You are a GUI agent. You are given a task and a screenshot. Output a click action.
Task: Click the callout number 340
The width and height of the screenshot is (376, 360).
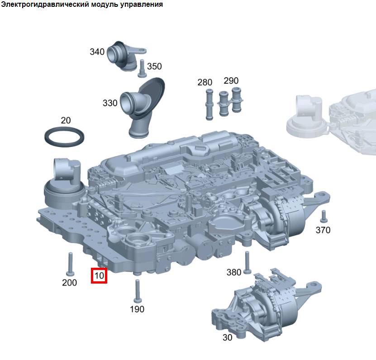(x=97, y=52)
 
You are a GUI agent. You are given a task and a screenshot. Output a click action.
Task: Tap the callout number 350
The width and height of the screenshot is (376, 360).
(x=154, y=66)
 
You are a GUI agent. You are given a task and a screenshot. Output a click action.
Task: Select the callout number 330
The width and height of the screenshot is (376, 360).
(x=110, y=103)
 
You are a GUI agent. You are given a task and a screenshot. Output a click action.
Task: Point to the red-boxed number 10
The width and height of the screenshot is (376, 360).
(x=99, y=275)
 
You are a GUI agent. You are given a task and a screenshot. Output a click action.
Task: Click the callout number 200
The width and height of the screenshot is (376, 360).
(x=69, y=283)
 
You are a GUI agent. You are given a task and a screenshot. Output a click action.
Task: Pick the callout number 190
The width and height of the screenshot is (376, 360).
(x=137, y=309)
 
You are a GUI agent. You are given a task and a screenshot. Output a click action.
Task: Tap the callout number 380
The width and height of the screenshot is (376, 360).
(x=234, y=272)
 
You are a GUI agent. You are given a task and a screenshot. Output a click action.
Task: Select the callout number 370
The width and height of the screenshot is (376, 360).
(x=323, y=230)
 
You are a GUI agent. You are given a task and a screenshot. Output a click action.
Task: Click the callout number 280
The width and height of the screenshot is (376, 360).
(x=205, y=82)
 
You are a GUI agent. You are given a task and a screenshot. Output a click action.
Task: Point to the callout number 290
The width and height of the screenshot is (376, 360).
(x=231, y=81)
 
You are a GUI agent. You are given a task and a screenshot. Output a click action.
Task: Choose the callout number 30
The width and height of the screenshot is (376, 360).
(x=227, y=337)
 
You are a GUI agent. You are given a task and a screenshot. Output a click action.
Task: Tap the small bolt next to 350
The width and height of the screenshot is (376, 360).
(x=142, y=69)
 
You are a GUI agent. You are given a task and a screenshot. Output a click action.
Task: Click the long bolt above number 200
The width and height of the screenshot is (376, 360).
(x=70, y=264)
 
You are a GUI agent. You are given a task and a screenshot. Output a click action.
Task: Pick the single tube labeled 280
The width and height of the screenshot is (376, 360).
(x=209, y=104)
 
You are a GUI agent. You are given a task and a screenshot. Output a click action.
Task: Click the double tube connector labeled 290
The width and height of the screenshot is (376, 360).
(x=230, y=101)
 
